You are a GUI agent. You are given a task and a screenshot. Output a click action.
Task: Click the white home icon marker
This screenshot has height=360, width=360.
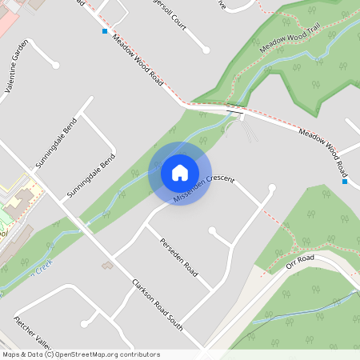click(x=180, y=173)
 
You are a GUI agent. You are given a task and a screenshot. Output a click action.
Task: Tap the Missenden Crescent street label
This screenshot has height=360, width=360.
click(x=204, y=187)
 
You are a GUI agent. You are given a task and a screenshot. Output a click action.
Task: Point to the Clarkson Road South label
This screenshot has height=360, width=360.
click(x=158, y=304)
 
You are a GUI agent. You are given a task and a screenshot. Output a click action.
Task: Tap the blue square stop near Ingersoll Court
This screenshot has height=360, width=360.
click(x=105, y=31)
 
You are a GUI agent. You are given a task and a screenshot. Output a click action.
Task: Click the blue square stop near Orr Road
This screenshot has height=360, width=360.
click(x=344, y=181)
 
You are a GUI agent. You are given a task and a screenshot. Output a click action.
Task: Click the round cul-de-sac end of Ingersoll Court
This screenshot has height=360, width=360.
click(x=206, y=50)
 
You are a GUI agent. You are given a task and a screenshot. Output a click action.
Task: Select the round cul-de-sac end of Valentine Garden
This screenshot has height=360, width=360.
click(x=55, y=66)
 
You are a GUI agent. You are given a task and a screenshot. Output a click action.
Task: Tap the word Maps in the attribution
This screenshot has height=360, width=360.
click(x=11, y=354)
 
